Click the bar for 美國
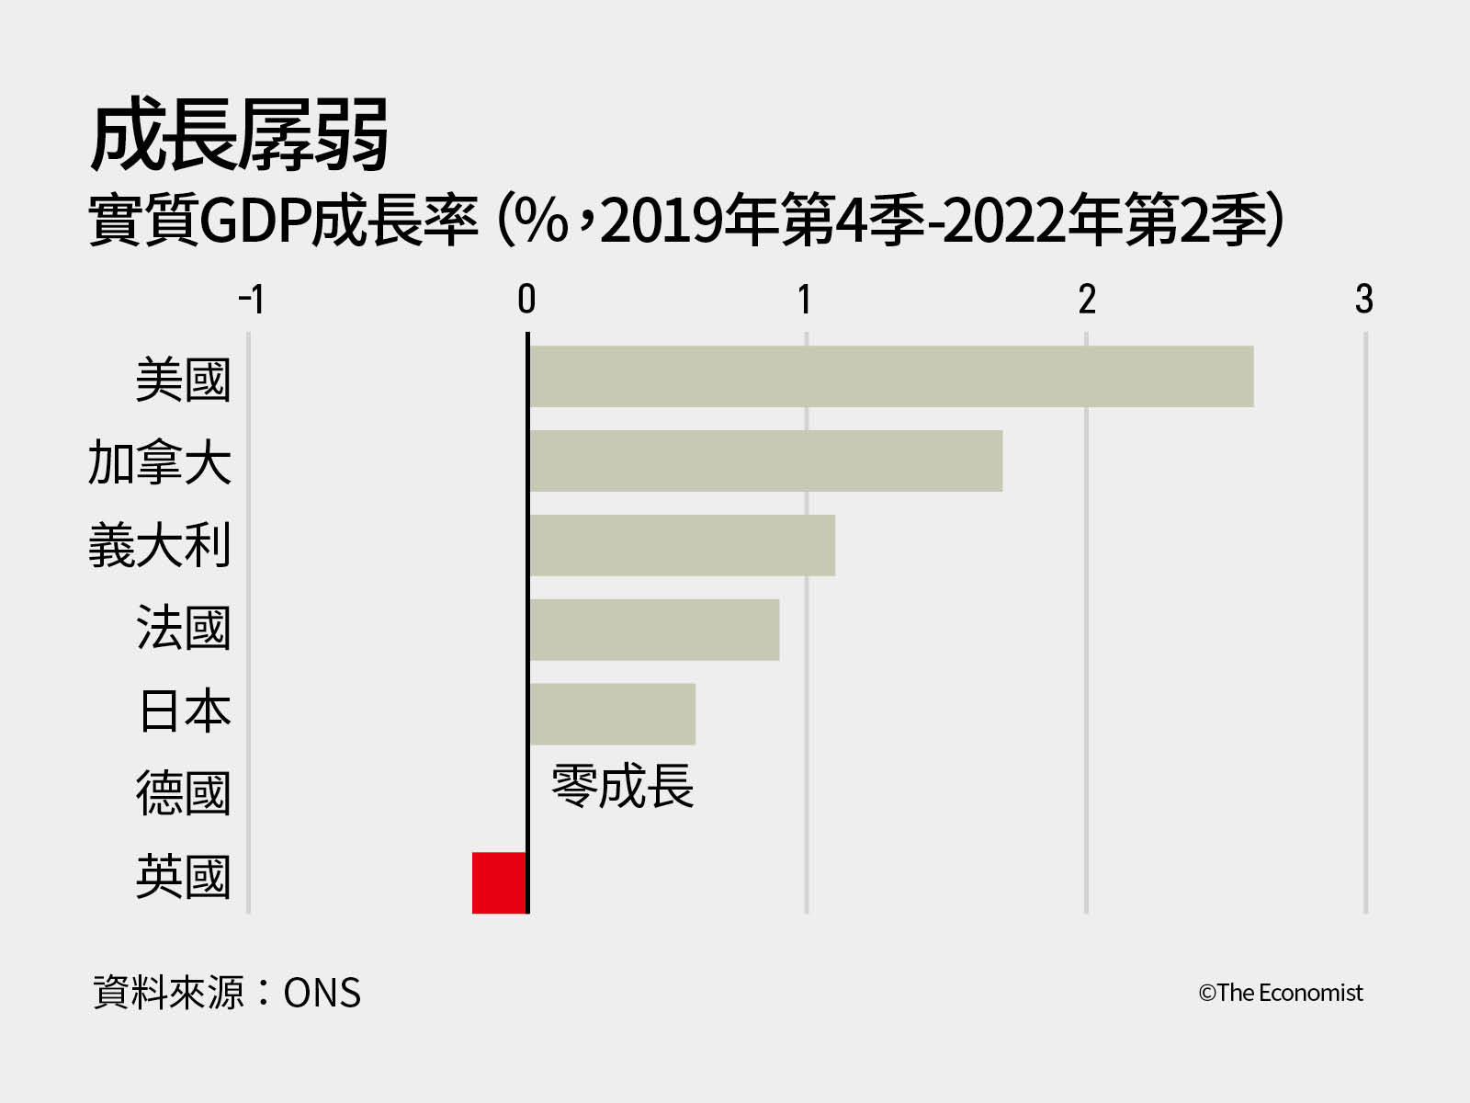click(x=891, y=377)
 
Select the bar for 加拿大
click(x=765, y=461)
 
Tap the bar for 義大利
click(x=682, y=545)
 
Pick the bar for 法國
click(x=654, y=630)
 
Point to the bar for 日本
click(x=612, y=714)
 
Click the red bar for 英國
click(x=500, y=882)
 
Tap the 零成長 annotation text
click(x=622, y=787)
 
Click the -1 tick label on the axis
click(x=251, y=299)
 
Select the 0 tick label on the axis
click(x=526, y=299)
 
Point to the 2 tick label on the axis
click(x=1087, y=299)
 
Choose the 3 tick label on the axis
click(x=1364, y=299)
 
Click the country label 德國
click(x=183, y=794)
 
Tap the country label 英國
click(x=183, y=877)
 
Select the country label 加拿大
click(x=159, y=461)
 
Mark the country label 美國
click(x=183, y=380)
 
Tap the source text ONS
click(x=322, y=994)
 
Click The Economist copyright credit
click(x=1280, y=993)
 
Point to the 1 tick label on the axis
click(x=805, y=299)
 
